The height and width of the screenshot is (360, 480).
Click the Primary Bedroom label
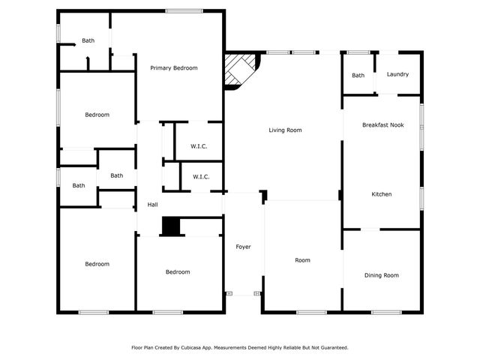(173, 68)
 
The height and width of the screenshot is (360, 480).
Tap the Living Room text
(285, 130)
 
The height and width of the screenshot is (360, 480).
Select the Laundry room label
(397, 74)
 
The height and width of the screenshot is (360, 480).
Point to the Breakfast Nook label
(382, 125)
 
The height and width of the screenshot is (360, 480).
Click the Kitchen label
(381, 194)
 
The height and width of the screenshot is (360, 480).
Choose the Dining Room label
(381, 275)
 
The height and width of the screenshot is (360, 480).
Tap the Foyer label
(243, 247)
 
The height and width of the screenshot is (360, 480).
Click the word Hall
(152, 205)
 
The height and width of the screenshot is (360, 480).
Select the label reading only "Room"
(302, 260)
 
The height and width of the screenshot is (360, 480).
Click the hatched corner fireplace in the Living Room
(241, 71)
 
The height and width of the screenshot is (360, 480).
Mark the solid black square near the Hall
(172, 227)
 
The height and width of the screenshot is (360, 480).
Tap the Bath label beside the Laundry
(358, 75)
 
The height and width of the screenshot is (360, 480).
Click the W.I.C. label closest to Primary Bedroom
(199, 146)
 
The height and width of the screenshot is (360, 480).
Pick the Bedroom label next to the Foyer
(178, 271)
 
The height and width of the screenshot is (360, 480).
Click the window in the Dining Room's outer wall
(386, 312)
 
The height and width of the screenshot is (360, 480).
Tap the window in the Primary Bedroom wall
(178, 10)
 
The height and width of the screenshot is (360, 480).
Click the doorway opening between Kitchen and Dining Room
(371, 229)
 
